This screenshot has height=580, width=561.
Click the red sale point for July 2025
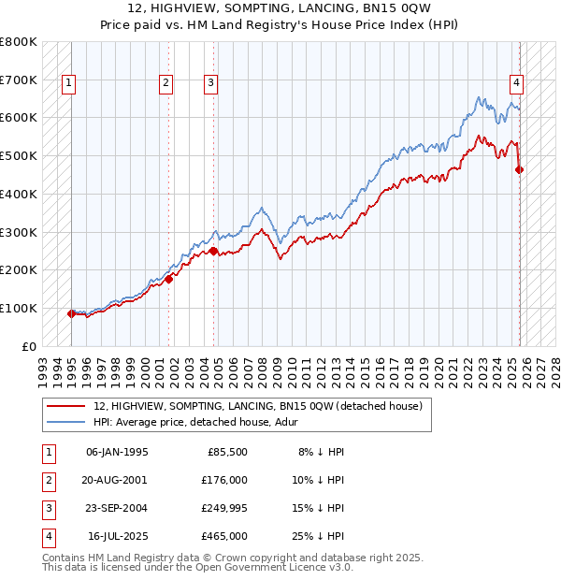pos(520,169)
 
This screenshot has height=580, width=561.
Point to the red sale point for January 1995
pos(71,313)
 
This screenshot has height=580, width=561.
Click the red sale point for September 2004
pos(214,251)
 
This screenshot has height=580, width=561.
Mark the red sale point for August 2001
pos(169,279)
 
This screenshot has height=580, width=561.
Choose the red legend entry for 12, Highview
pos(258,406)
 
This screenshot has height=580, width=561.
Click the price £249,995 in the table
pos(224,509)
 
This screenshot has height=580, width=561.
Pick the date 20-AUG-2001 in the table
pos(117,480)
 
